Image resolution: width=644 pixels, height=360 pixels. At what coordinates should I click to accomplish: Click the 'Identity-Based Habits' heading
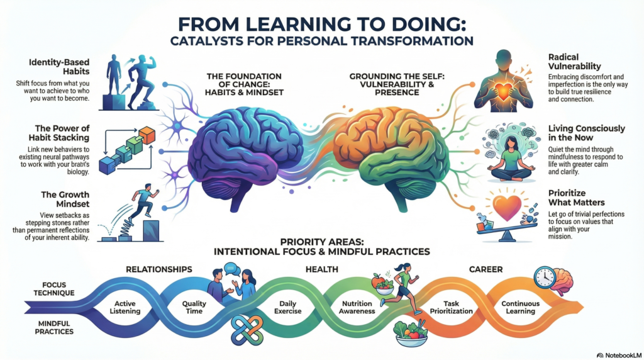59,67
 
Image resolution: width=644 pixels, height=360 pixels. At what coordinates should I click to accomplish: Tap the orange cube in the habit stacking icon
147,135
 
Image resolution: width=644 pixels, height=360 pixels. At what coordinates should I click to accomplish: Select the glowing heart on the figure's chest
503,91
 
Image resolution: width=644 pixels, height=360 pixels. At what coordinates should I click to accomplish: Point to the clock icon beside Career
545,278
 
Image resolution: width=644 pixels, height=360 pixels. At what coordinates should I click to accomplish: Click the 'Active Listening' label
125,307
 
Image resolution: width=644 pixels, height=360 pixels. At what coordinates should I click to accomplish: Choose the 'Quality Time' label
194,307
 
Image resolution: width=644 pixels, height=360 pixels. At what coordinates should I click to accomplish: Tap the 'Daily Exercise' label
287,307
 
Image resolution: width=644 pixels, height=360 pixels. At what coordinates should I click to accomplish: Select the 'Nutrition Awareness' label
357,307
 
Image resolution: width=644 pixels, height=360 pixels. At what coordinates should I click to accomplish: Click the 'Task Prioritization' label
451,307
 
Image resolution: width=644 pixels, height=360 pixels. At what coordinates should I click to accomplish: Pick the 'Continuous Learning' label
520,307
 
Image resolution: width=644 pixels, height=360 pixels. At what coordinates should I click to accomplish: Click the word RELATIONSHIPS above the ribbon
159,269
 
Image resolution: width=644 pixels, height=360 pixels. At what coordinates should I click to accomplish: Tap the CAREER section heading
486,269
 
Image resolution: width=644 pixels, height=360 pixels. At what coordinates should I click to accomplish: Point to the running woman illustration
401,288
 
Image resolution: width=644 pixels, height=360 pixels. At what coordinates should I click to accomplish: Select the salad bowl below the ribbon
410,334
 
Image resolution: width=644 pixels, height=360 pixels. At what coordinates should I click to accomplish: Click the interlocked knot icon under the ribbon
247,330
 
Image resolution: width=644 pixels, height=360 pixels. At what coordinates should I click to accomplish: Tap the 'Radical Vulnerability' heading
575,62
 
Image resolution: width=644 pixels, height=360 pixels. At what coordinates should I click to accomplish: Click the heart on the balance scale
507,208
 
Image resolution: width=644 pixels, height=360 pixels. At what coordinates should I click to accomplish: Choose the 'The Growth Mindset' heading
65,200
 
